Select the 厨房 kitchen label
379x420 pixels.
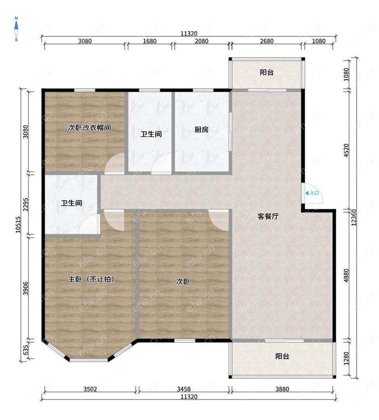201,129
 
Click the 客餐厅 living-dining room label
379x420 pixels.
268,216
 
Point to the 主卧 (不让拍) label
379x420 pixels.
91,279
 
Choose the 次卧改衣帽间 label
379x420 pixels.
89,128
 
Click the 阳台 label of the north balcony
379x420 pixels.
267,72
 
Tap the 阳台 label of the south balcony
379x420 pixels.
282,356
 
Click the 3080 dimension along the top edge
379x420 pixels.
85,41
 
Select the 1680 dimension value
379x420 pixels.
150,41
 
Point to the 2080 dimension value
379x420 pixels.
201,41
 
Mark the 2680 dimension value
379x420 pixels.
267,41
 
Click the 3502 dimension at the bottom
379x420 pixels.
90,389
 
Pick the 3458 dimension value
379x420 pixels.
183,389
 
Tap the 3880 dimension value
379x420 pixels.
282,389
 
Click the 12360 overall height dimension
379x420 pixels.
354,217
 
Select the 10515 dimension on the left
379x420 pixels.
18,224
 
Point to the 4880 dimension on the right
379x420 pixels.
346,275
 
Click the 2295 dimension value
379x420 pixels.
25,205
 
